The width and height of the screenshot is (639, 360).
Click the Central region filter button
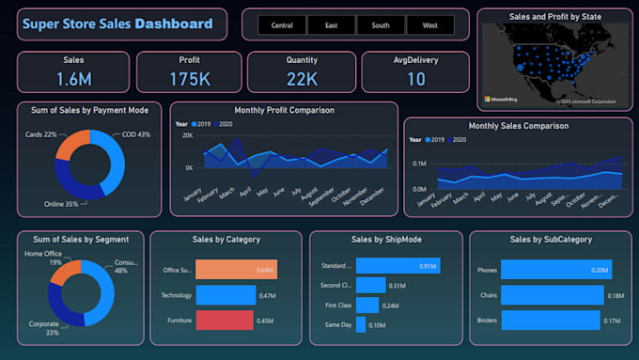pyautogui.click(x=281, y=25)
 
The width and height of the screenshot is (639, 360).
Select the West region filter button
pyautogui.click(x=430, y=25)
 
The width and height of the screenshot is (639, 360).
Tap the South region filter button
pyautogui.click(x=381, y=25)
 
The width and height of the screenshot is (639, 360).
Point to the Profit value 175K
pyautogui.click(x=189, y=79)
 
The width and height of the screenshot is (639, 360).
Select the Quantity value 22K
pyautogui.click(x=302, y=79)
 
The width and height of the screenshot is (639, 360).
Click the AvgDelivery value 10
pyautogui.click(x=416, y=79)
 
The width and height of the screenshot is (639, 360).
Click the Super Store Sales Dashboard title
pyautogui.click(x=117, y=23)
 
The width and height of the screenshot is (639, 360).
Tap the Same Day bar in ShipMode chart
pyautogui.click(x=361, y=324)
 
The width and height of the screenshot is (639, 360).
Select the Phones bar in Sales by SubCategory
pyautogui.click(x=555, y=270)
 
